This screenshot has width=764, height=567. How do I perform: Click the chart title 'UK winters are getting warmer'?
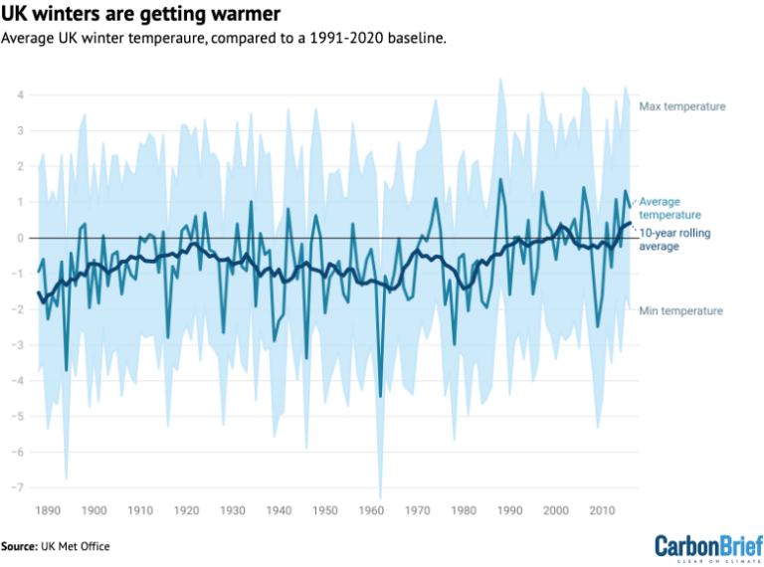[x=140, y=15]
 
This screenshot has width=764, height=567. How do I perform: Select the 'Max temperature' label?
[x=681, y=106]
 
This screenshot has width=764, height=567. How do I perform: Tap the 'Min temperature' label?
[x=680, y=311]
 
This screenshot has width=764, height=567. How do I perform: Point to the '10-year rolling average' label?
[x=672, y=239]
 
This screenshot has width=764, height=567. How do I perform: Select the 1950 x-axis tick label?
[x=324, y=510]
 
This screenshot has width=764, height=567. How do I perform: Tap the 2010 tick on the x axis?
[x=601, y=510]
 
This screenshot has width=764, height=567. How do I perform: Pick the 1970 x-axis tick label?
[x=417, y=510]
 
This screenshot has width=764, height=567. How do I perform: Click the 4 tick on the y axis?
[x=19, y=95]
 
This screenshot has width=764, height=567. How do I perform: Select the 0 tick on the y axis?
[x=19, y=238]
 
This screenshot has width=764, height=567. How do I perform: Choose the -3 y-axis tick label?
[x=17, y=345]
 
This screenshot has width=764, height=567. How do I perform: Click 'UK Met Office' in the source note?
[x=82, y=546]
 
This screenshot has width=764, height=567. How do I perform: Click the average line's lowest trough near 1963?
[x=380, y=396]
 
